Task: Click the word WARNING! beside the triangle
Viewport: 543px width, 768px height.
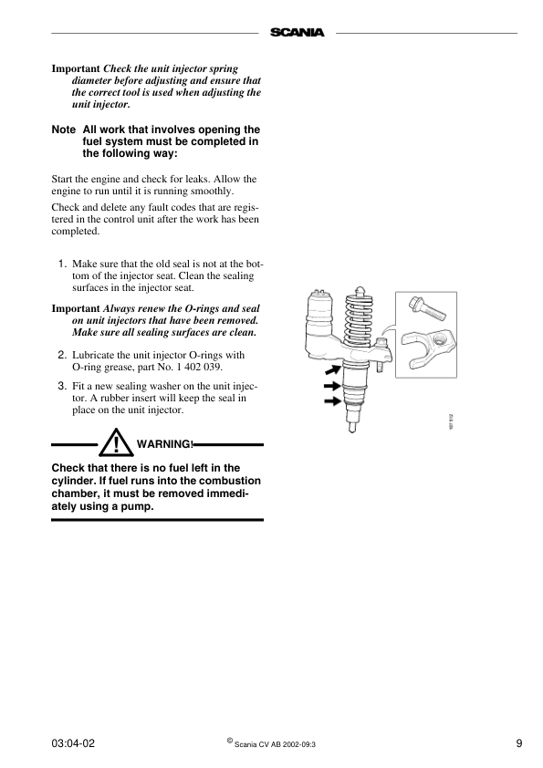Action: click(x=165, y=444)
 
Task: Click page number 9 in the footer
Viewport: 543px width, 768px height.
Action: click(x=518, y=743)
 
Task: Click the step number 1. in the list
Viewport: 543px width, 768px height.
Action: click(x=63, y=264)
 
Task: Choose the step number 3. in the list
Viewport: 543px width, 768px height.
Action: click(x=63, y=386)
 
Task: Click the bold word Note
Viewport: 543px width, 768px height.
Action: click(x=64, y=130)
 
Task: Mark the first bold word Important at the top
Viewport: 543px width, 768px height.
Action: click(x=76, y=69)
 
